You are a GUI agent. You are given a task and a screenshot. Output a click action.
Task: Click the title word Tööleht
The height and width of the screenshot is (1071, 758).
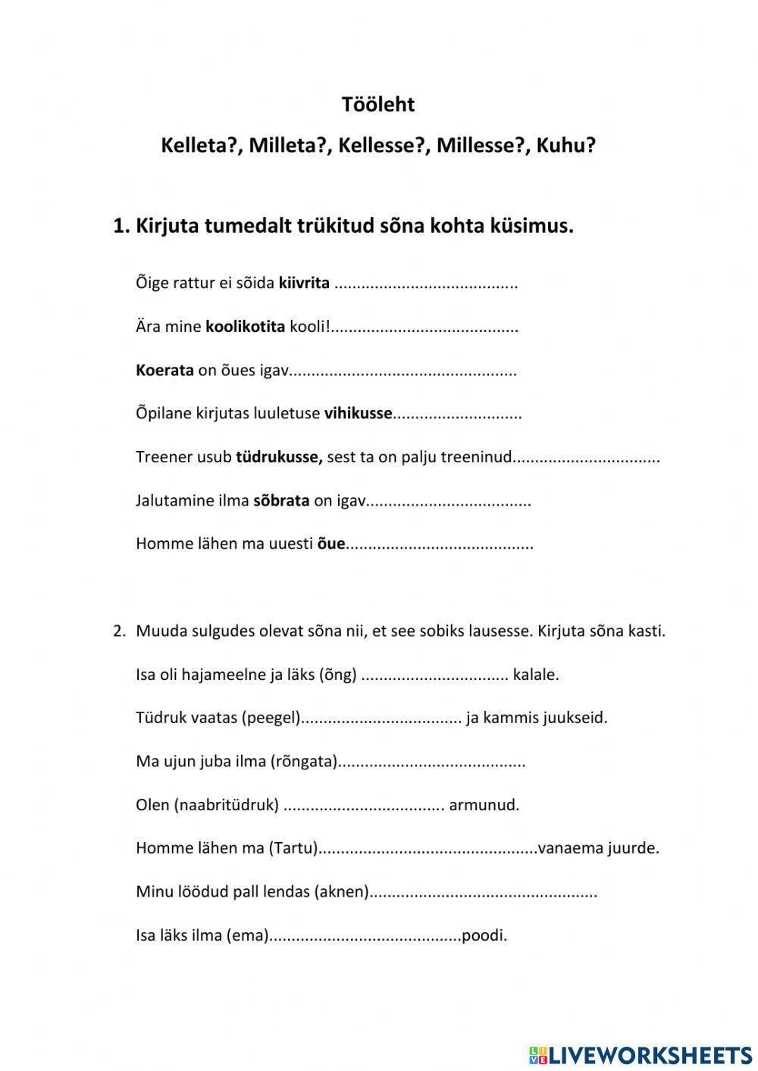click(x=378, y=105)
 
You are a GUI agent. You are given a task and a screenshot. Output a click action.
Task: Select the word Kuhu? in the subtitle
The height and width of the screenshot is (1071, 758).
click(x=565, y=146)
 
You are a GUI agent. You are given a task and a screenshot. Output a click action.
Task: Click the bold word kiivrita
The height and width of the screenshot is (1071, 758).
click(x=304, y=283)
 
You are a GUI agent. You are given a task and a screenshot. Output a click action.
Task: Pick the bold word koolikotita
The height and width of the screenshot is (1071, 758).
click(x=245, y=327)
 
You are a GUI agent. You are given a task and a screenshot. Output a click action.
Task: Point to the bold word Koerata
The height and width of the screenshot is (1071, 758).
click(x=164, y=371)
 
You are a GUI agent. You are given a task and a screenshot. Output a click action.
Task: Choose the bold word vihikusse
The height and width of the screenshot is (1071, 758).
click(x=358, y=414)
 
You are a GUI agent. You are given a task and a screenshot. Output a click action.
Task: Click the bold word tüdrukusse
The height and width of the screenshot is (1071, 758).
click(x=279, y=457)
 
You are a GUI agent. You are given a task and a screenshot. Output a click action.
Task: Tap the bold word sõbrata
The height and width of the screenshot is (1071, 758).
click(x=280, y=501)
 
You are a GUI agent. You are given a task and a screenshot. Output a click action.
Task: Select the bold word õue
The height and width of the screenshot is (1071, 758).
click(x=330, y=544)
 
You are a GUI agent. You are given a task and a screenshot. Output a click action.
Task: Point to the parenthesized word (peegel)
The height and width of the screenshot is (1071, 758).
click(x=271, y=718)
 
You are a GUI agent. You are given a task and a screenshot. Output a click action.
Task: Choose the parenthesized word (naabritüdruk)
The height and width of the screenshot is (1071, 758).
click(x=227, y=805)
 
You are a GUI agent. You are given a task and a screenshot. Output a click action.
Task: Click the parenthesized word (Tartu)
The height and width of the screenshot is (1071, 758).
click(x=293, y=848)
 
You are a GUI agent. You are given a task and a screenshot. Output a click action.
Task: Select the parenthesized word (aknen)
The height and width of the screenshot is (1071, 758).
click(x=341, y=892)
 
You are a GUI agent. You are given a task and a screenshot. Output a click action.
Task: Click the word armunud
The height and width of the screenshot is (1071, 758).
click(x=484, y=805)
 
